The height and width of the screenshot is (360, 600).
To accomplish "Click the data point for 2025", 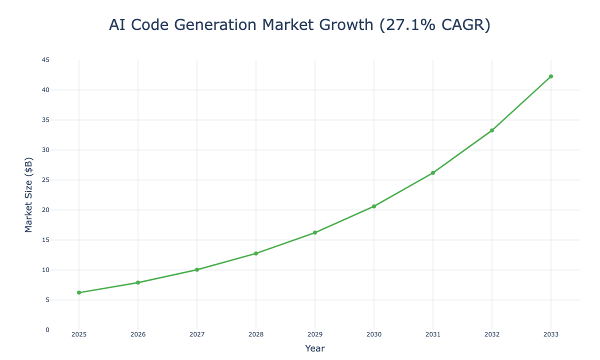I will click(79, 292).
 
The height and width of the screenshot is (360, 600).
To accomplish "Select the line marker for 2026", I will click(138, 282).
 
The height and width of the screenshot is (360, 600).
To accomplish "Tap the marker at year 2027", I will click(197, 269).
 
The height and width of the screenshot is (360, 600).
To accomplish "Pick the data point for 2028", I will click(256, 253).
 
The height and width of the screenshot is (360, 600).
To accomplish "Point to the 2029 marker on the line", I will click(315, 232).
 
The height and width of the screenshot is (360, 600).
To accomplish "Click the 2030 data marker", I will click(373, 206).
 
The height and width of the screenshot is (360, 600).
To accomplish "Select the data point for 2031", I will click(432, 172).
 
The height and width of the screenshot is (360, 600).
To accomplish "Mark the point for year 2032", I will click(491, 130).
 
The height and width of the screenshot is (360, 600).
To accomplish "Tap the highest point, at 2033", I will click(550, 76).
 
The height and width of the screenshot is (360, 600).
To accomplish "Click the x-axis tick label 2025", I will click(79, 334).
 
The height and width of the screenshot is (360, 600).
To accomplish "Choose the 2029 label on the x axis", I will click(315, 334).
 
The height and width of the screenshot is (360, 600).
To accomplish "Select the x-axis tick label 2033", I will click(550, 334).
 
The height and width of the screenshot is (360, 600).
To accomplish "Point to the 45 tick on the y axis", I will click(46, 60).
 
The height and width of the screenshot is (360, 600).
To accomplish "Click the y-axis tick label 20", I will click(46, 210).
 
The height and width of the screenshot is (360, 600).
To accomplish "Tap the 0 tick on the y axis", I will click(47, 330).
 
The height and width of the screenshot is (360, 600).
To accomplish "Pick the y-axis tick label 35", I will click(46, 120).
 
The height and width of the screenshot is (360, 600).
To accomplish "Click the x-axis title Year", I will click(315, 348).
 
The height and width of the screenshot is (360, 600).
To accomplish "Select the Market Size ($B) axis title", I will click(29, 195).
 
